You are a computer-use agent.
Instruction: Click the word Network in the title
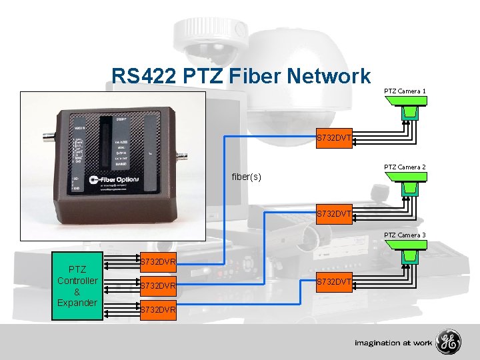pyautogui.click(x=329, y=76)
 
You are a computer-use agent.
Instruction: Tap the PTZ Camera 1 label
pyautogui.click(x=405, y=90)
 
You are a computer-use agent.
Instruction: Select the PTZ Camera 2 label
pyautogui.click(x=405, y=166)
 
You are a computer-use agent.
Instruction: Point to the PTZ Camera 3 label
pyautogui.click(x=405, y=235)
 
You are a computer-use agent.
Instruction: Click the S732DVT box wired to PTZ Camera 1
pyautogui.click(x=333, y=139)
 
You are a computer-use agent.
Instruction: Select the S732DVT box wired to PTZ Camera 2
pyautogui.click(x=333, y=215)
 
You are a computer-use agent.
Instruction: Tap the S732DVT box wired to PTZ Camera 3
pyautogui.click(x=333, y=283)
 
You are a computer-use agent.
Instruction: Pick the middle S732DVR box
pyautogui.click(x=157, y=286)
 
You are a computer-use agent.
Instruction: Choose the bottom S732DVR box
pyautogui.click(x=157, y=309)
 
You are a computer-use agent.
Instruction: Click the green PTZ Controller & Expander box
pyautogui.click(x=77, y=286)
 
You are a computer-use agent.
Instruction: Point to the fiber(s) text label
pyautogui.click(x=246, y=177)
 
